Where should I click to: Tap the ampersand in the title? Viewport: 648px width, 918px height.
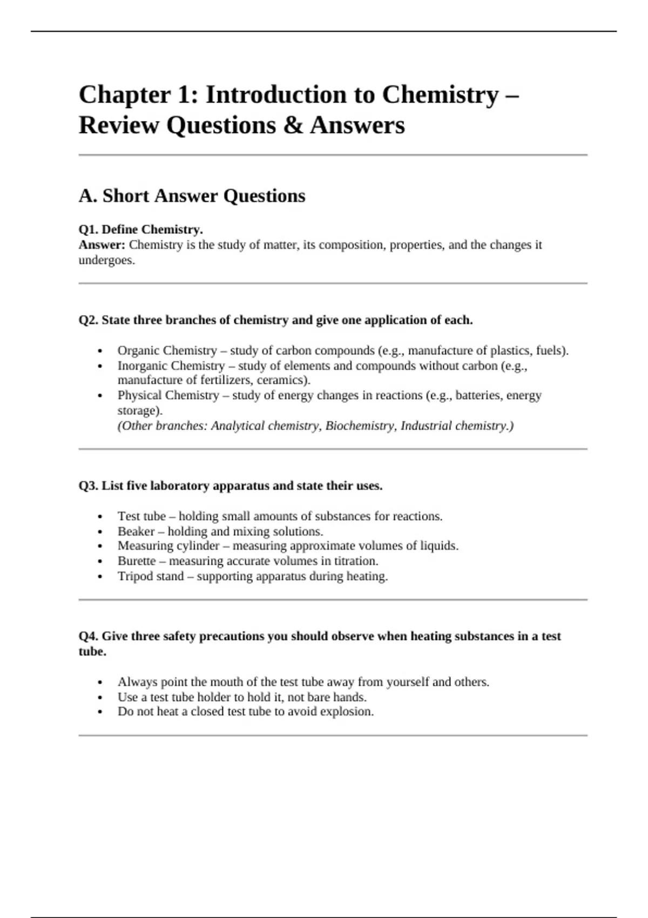(293, 126)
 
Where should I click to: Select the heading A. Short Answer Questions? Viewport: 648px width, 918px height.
(192, 195)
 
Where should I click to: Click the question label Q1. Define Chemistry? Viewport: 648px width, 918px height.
(140, 230)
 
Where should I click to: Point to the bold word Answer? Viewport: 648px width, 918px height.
(102, 245)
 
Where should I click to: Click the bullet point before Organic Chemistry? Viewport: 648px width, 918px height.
(100, 351)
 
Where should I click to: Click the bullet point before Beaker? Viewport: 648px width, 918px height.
(100, 532)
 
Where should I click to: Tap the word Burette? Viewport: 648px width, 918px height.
(137, 561)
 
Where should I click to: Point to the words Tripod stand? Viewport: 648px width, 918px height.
(151, 576)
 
